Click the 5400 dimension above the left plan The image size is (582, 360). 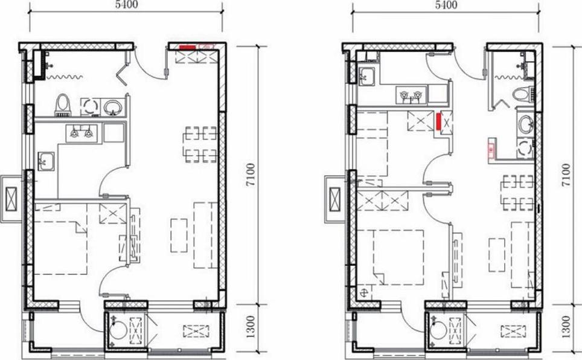pyautogui.click(x=126, y=4)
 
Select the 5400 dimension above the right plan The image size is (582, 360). pyautogui.click(x=446, y=4)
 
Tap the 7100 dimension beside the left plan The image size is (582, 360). pyautogui.click(x=251, y=175)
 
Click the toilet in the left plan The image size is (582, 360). pyautogui.click(x=63, y=105)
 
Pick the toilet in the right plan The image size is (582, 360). pyautogui.click(x=523, y=94)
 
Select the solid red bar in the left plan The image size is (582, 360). pyautogui.click(x=188, y=48)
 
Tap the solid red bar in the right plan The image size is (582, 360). pyautogui.click(x=438, y=122)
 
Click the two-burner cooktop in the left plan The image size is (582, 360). pyautogui.click(x=82, y=133)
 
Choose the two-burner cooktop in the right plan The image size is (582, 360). pyautogui.click(x=411, y=95)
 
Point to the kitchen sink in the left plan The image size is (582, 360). pyautogui.click(x=46, y=161)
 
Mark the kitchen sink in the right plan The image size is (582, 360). pyautogui.click(x=367, y=76)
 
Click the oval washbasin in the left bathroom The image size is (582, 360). pyautogui.click(x=112, y=108)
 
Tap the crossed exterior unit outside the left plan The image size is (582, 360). pyautogui.click(x=11, y=199)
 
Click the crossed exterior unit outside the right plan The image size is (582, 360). pyautogui.click(x=335, y=199)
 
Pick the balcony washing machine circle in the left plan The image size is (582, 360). pyautogui.click(x=118, y=330)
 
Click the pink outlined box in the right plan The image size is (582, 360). pyautogui.click(x=491, y=149)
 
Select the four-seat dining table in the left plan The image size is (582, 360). pyautogui.click(x=200, y=144)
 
